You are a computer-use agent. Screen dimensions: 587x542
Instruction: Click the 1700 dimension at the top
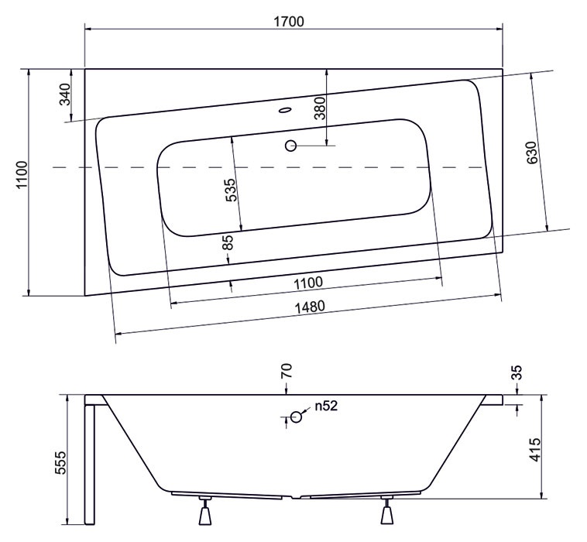click(289, 22)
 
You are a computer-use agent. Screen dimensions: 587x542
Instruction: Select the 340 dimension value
click(65, 94)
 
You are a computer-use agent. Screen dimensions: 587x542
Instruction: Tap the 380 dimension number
click(320, 108)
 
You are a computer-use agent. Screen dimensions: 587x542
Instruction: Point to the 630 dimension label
click(532, 153)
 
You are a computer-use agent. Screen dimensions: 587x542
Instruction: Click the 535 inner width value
click(231, 190)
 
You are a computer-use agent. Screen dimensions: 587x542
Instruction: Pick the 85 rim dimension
click(228, 242)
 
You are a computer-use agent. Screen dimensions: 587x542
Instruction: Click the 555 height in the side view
click(60, 463)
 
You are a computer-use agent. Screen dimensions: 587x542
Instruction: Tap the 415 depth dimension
click(535, 450)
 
